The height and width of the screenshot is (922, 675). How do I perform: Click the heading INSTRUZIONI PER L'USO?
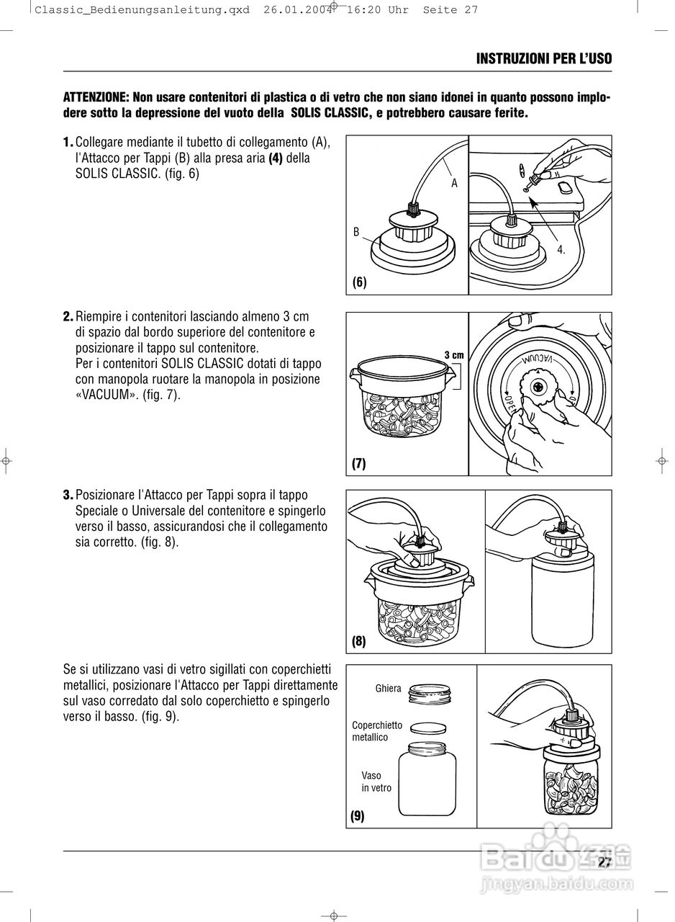pos(544,58)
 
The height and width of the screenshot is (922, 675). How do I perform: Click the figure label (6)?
pos(359,282)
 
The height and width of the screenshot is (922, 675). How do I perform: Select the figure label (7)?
pos(359,464)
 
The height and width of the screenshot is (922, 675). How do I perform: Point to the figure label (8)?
pos(359,640)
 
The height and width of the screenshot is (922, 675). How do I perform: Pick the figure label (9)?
pos(358,816)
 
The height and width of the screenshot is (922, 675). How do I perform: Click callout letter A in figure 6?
pos(454,183)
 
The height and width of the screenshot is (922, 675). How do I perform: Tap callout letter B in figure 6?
pos(356,232)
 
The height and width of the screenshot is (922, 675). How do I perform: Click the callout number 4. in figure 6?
pos(561,250)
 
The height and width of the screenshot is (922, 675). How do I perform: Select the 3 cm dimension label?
pos(453,354)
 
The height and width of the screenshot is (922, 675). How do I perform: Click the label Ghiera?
pos(388,689)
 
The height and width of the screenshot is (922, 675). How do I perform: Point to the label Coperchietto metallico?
pos(376,731)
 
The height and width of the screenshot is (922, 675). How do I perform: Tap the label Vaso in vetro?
pos(376,782)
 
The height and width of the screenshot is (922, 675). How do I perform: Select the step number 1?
pos(68,142)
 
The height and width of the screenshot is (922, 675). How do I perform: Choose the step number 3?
pos(68,495)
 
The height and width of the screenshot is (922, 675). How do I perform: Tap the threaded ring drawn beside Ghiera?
pos(430,694)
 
